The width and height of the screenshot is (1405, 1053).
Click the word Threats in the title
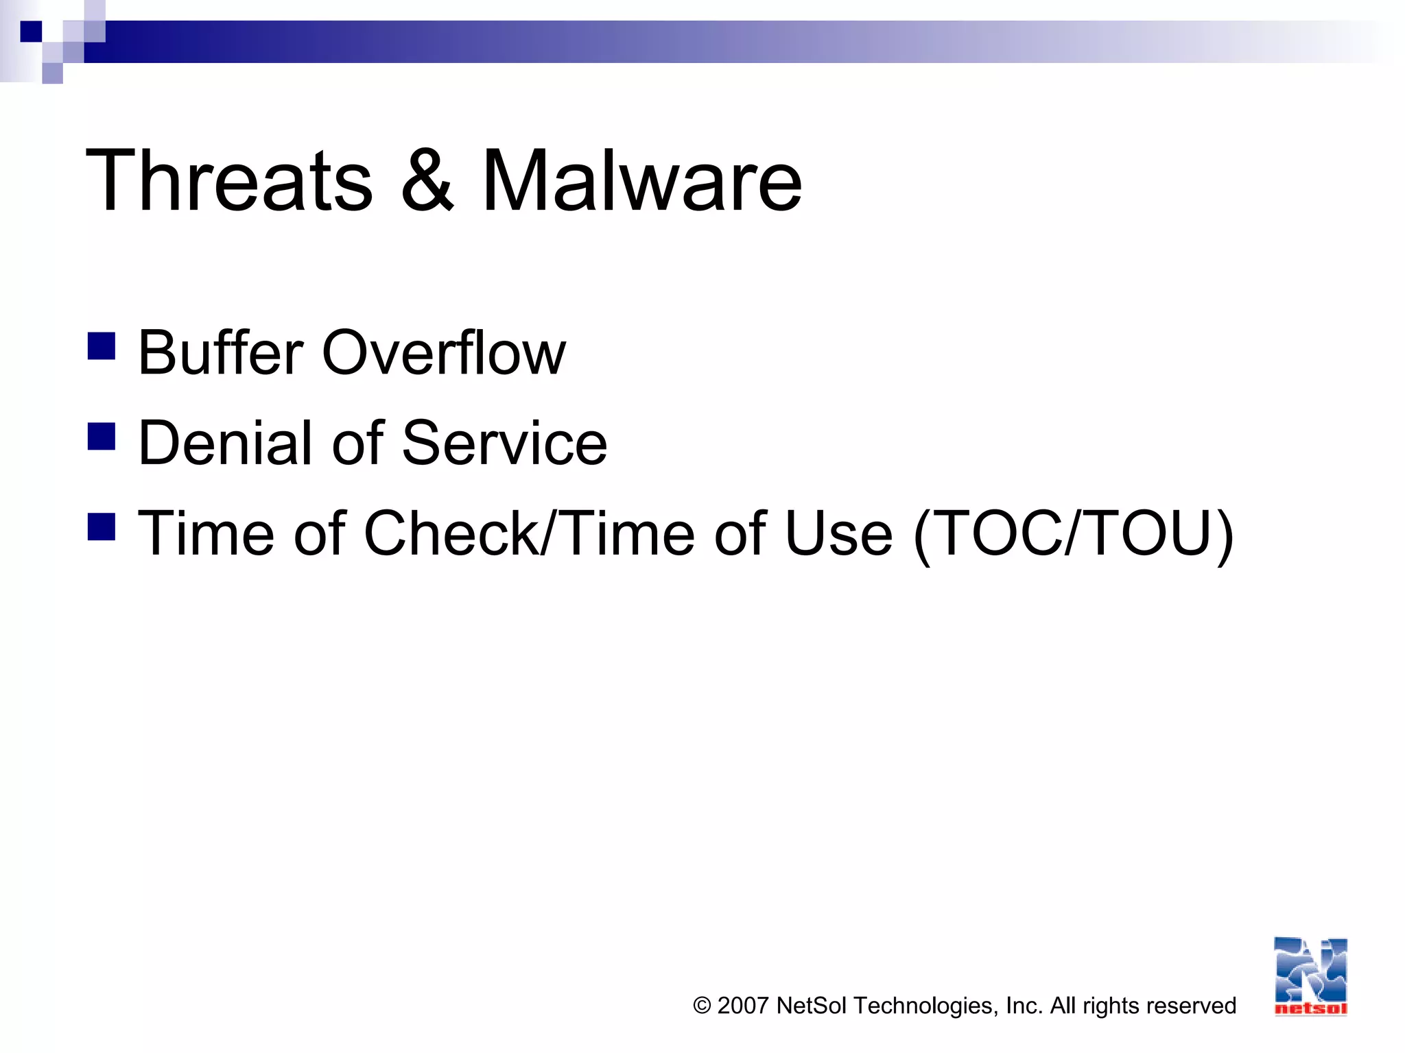coord(229,181)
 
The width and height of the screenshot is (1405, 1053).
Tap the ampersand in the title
coord(427,181)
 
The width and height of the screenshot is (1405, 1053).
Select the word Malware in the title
coord(641,181)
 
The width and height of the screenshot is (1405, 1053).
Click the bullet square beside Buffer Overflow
coord(102,346)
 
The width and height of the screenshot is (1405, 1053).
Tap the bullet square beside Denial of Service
coord(102,436)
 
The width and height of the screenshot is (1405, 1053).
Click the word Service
coord(504,443)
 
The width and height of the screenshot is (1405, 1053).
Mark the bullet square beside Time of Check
coord(102,526)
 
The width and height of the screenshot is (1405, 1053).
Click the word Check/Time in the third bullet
coord(529,533)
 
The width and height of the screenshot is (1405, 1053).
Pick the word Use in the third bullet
coord(838,533)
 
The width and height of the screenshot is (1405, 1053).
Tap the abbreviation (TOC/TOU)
coord(1074,535)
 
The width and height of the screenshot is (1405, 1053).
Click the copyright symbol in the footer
coord(702,1006)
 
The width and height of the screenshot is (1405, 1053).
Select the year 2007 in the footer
coord(742,1006)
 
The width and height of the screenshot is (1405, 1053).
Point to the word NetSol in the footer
coord(812,1006)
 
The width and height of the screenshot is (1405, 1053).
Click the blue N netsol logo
coord(1310,970)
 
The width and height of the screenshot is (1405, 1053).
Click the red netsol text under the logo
coord(1310,1008)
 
